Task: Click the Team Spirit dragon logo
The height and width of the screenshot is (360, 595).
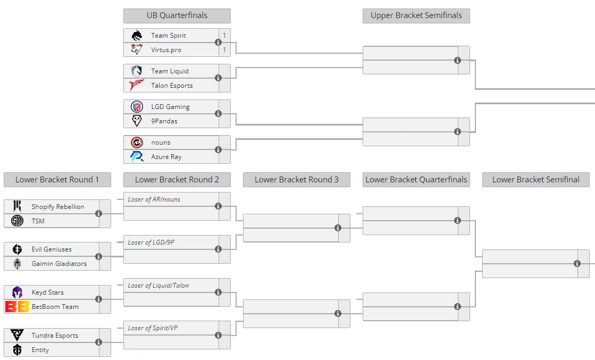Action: [137, 35]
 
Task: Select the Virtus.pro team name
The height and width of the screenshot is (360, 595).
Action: [166, 49]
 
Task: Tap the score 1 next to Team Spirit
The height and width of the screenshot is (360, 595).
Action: [224, 35]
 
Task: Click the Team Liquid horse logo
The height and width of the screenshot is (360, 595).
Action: [137, 71]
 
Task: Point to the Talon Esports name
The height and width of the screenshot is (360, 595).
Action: [172, 86]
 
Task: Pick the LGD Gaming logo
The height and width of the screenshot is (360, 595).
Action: [137, 106]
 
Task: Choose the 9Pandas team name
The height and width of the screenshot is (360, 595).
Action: [164, 121]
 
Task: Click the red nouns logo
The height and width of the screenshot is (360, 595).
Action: [137, 143]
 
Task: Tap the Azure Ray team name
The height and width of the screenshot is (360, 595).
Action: [166, 157]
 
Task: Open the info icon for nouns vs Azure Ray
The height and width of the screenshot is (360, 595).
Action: [218, 149]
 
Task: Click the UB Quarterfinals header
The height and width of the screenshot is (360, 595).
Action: [177, 15]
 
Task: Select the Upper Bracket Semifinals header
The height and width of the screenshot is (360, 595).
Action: [416, 15]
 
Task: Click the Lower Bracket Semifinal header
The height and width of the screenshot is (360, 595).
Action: [536, 179]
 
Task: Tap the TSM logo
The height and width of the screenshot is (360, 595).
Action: [17, 221]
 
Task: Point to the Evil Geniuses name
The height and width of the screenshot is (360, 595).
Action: [52, 249]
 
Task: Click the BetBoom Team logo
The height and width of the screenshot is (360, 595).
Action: [17, 306]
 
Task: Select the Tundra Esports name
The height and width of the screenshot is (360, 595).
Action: [55, 336]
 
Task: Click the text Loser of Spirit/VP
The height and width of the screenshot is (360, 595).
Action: [153, 328]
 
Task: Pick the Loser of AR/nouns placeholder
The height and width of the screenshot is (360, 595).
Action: [154, 199]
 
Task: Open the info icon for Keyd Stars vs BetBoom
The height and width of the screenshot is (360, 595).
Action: [99, 299]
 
